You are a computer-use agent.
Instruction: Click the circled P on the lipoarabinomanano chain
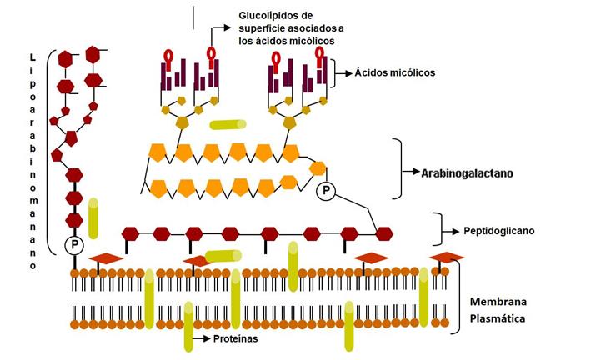[74, 245]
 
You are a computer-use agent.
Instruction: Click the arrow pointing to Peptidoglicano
[451, 229]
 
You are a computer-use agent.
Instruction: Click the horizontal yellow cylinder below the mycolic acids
[228, 125]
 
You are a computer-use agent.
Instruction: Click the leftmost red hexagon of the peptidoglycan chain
[130, 233]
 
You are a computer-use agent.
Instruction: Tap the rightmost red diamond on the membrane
[447, 257]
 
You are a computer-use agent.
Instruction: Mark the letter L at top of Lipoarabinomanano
[32, 57]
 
